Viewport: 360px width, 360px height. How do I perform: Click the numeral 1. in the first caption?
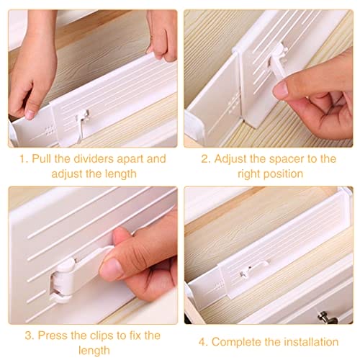(x=24, y=159)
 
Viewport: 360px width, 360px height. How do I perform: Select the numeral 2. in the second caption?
(x=206, y=159)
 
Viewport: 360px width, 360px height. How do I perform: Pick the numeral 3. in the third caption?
(x=30, y=336)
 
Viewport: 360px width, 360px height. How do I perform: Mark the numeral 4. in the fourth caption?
(x=204, y=342)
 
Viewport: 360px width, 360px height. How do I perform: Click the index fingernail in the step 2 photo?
(x=281, y=89)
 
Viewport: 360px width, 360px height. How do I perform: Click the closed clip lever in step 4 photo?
(x=255, y=269)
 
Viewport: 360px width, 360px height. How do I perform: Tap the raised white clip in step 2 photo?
(x=279, y=63)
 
